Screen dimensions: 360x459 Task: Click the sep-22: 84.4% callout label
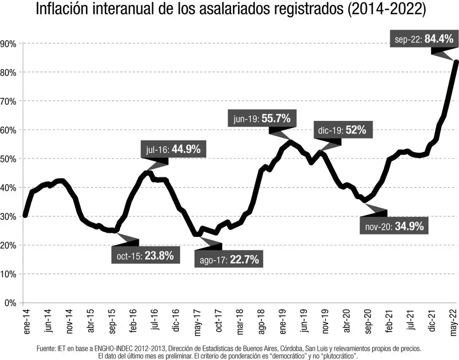(x=424, y=39)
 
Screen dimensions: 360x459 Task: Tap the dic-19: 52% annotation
(x=342, y=130)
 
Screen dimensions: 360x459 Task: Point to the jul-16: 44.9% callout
(x=176, y=150)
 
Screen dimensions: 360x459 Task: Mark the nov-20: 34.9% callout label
(x=394, y=226)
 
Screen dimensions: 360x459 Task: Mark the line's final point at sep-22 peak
(x=456, y=62)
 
